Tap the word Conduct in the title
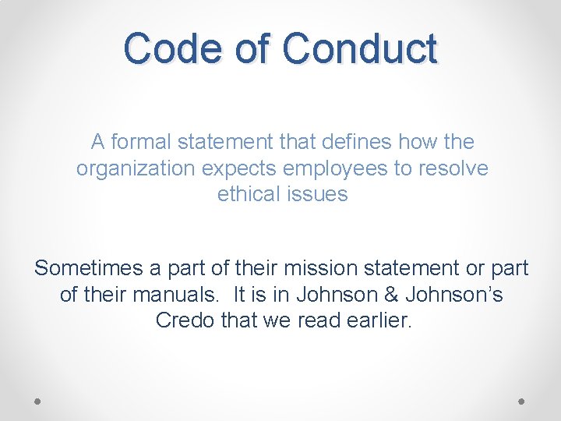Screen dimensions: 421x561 359,48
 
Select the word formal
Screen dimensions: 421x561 142,142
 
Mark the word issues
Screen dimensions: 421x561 319,194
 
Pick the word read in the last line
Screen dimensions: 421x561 314,320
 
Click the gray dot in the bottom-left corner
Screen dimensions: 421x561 38,401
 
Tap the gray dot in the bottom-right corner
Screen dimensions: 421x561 522,401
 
